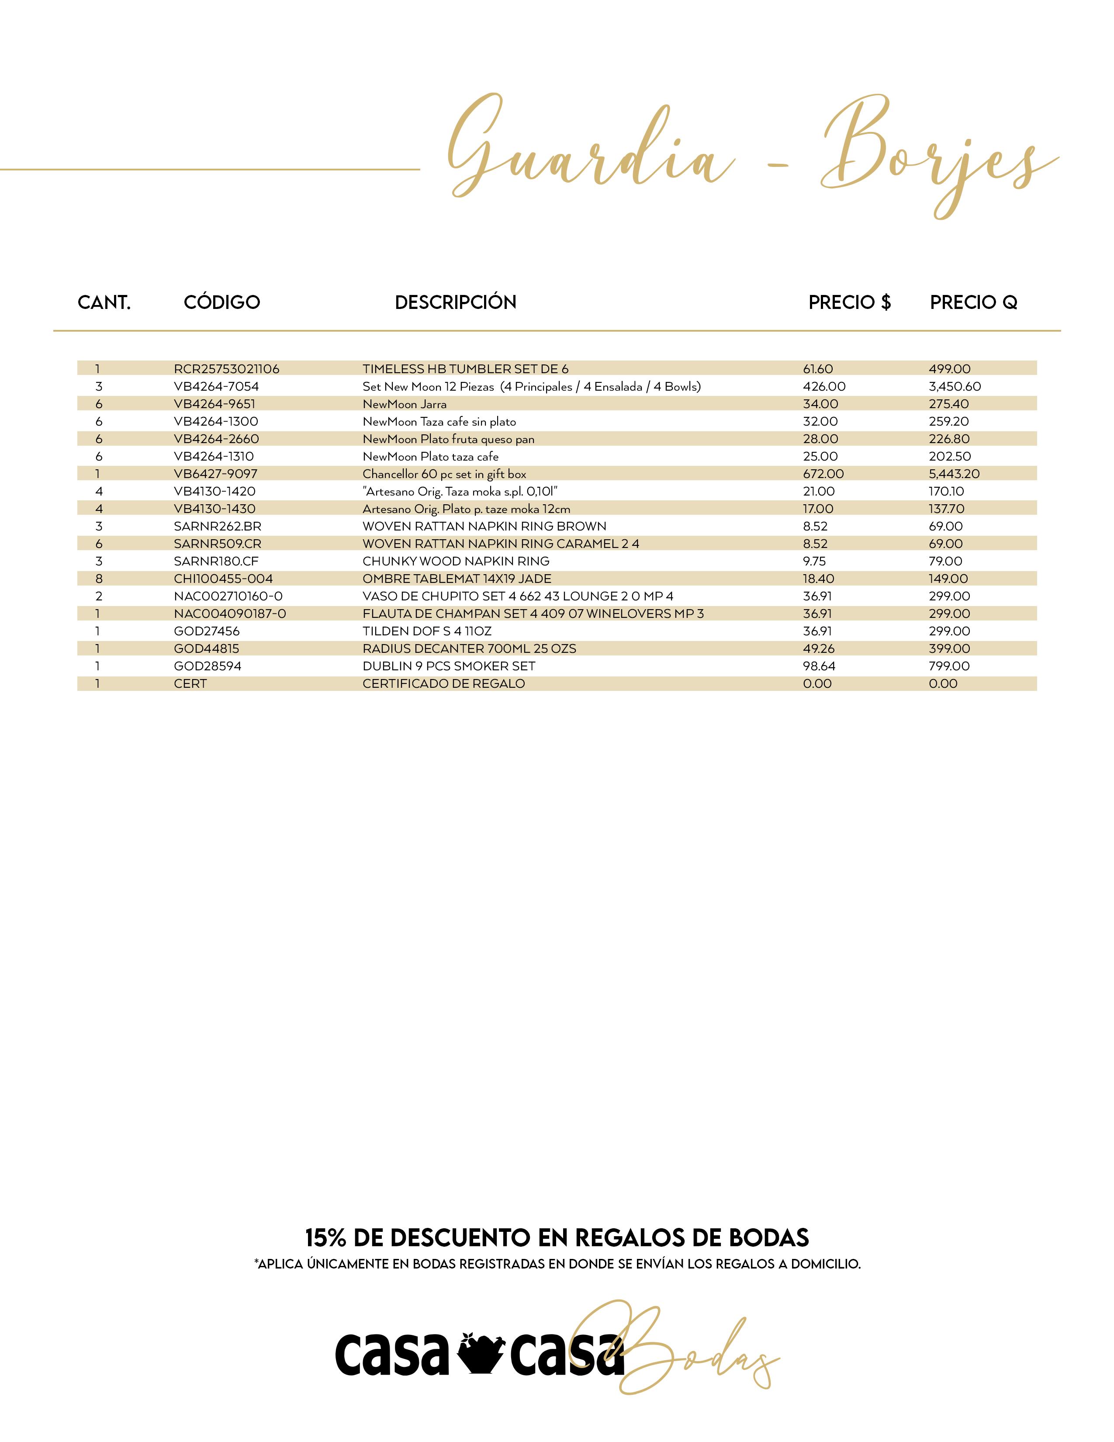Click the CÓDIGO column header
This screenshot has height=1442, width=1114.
click(x=222, y=302)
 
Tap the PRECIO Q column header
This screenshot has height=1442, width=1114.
click(x=973, y=302)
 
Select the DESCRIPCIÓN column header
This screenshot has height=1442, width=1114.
click(x=455, y=302)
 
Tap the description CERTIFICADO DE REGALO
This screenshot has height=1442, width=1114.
click(x=443, y=684)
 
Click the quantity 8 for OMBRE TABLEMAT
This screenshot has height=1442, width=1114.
click(x=98, y=579)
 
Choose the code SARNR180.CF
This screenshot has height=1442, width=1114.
click(x=216, y=561)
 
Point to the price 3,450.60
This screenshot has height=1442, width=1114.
click(x=954, y=387)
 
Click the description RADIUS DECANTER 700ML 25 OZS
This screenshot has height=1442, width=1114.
click(x=469, y=649)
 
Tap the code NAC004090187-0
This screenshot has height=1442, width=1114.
click(x=230, y=614)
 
